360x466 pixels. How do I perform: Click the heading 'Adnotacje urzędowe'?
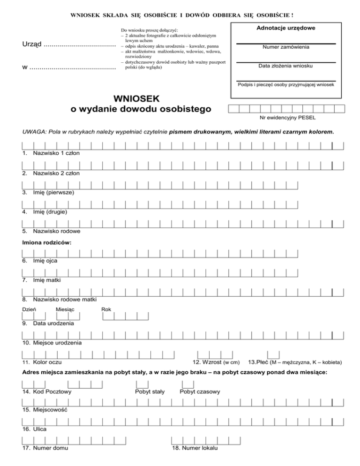pyautogui.click(x=285, y=29)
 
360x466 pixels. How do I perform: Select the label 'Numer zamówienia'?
pyautogui.click(x=285, y=47)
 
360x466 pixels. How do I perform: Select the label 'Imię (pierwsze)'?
pyautogui.click(x=53, y=192)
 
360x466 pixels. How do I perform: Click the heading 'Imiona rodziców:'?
pyautogui.click(x=47, y=243)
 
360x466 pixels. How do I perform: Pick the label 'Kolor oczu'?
pyautogui.click(x=46, y=362)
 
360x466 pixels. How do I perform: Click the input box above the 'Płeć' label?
pyautogui.click(x=273, y=355)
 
